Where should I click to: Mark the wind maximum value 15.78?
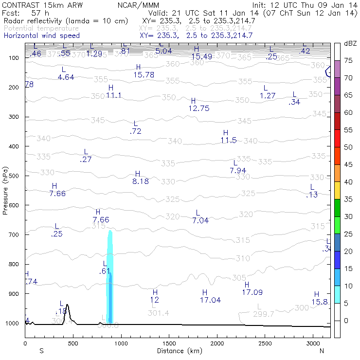144,74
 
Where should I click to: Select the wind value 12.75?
198,108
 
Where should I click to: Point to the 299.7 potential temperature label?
264,314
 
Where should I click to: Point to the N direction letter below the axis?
322,350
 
